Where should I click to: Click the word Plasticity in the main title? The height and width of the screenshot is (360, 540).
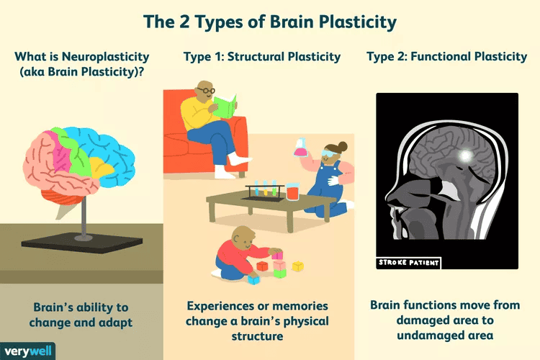pyautogui.click(x=353, y=22)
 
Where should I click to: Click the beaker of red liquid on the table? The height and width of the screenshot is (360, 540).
pyautogui.click(x=292, y=192)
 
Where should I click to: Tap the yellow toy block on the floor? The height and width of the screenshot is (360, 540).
pyautogui.click(x=297, y=266)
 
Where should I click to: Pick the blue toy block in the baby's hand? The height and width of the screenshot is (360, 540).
pyautogui.click(x=253, y=279)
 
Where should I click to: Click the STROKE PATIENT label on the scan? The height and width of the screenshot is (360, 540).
pyautogui.click(x=408, y=263)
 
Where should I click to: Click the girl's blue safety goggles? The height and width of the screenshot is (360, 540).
pyautogui.click(x=329, y=153)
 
